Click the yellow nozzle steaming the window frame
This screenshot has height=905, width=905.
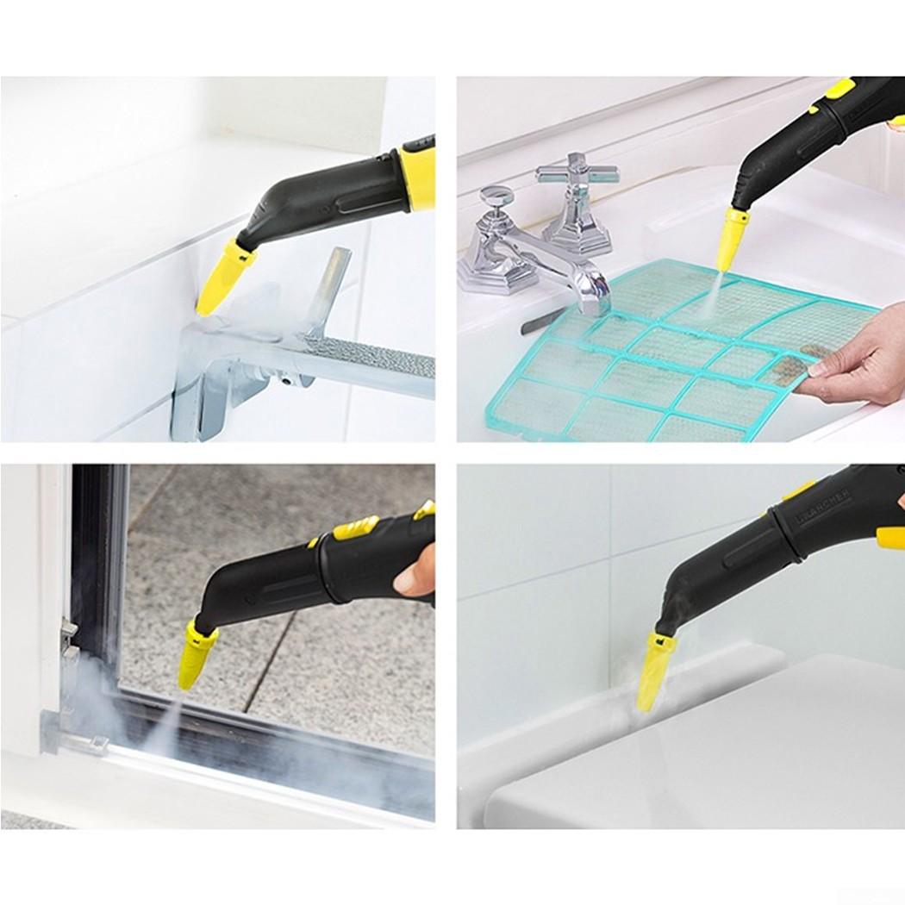197,657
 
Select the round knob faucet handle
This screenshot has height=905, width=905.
496,199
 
